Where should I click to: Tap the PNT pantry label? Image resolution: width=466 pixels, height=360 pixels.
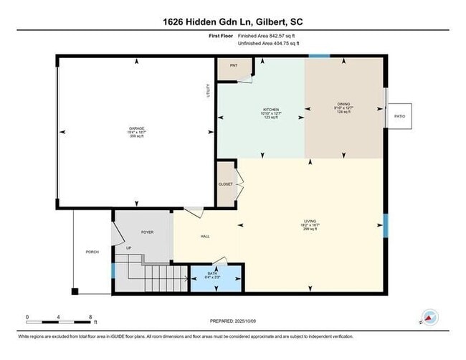tap(233, 65)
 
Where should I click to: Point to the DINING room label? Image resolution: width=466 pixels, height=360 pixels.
tap(343, 104)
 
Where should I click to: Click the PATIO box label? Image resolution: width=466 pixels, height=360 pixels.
tap(400, 115)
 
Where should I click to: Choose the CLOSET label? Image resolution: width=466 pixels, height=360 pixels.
tap(226, 184)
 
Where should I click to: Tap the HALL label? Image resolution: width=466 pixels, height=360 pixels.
tap(205, 237)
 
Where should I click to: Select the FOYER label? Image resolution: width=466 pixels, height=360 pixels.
tap(147, 232)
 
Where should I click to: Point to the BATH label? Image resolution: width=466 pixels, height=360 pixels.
tap(212, 273)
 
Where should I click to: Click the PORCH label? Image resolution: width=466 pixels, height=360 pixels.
tap(92, 252)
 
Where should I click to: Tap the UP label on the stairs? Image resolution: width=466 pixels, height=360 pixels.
tap(128, 248)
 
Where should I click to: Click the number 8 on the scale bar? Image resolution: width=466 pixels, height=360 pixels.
tap(90, 316)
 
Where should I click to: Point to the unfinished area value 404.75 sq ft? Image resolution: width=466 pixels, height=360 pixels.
tap(293, 44)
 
